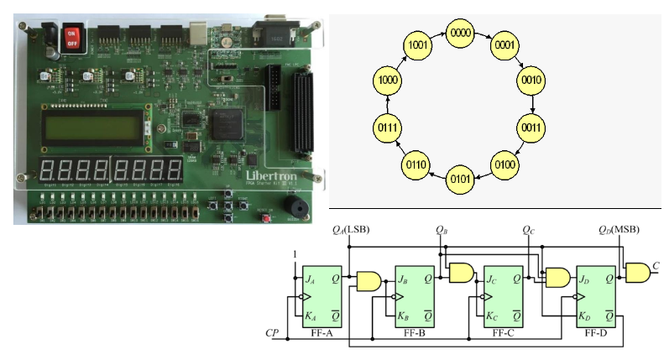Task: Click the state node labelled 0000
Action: (x=461, y=34)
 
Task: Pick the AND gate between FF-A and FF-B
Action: (x=368, y=280)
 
